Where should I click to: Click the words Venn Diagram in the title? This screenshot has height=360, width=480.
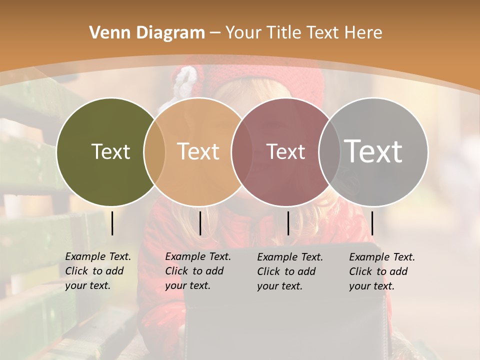[x=147, y=33]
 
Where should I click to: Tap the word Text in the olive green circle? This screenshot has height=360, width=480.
[x=110, y=151]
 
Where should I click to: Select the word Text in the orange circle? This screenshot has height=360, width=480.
[x=198, y=151]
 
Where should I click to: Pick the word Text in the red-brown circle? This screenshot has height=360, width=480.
[x=285, y=151]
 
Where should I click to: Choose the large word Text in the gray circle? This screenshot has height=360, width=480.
[x=373, y=151]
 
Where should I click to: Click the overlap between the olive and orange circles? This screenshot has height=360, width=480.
[x=154, y=151]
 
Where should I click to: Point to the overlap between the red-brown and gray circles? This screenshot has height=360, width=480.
[x=329, y=151]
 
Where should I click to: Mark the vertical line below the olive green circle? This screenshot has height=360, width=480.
[x=112, y=223]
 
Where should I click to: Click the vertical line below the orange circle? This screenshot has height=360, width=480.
[x=200, y=223]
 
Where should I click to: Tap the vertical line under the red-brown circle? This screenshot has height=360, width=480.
[x=288, y=223]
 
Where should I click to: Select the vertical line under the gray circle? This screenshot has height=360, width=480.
[x=372, y=223]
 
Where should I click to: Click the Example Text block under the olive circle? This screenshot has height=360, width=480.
[x=97, y=271]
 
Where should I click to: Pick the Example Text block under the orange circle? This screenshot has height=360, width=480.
[x=197, y=271]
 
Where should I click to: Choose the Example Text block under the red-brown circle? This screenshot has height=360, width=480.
[x=289, y=271]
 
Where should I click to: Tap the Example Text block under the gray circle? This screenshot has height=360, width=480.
[x=381, y=271]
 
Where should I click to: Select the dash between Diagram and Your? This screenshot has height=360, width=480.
[x=214, y=33]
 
